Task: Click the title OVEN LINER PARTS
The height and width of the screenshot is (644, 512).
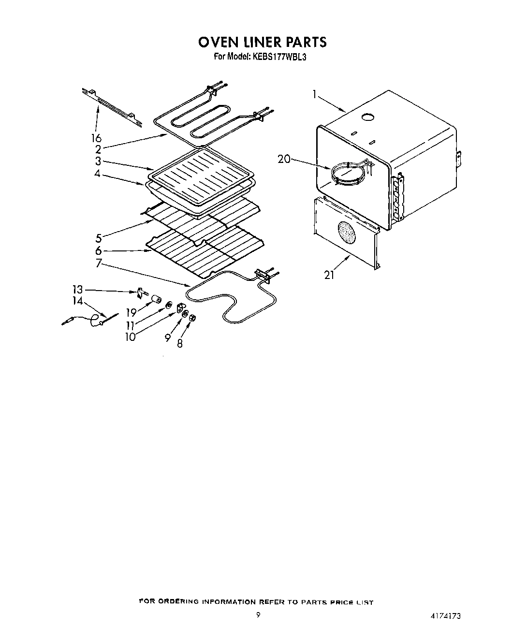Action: [x=262, y=42]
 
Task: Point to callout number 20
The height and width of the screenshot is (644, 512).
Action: [x=284, y=159]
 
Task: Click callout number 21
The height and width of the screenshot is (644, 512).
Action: [x=329, y=276]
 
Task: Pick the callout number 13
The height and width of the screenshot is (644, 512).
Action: [x=77, y=290]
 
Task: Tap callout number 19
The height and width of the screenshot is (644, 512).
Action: [x=131, y=313]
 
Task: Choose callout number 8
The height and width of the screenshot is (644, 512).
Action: [x=180, y=345]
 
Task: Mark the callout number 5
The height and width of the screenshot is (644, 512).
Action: [x=99, y=238]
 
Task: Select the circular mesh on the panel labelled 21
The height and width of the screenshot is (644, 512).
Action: [x=346, y=233]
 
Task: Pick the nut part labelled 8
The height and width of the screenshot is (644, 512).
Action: [x=192, y=318]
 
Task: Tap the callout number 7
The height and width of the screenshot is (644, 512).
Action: [x=98, y=263]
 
